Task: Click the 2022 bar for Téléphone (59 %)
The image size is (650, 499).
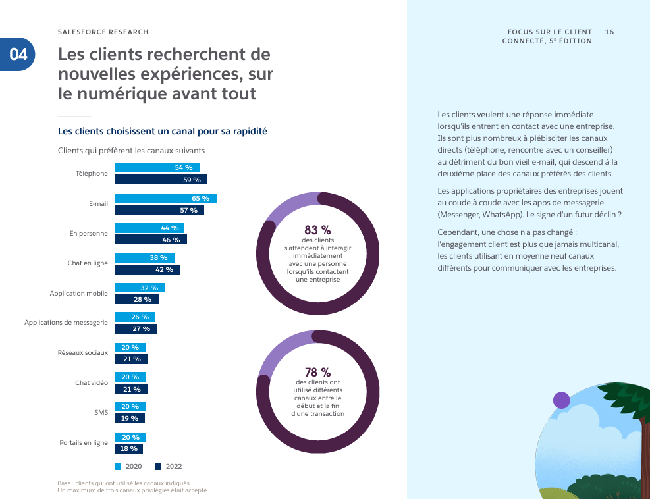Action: [x=161, y=180]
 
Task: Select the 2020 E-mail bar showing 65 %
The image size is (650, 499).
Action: [x=165, y=198]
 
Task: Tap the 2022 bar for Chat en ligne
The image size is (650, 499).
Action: [x=148, y=270]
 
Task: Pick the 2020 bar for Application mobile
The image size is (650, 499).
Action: [x=140, y=288]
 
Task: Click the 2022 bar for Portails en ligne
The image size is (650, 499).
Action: [x=129, y=449]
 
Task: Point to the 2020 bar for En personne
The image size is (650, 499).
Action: [x=149, y=228]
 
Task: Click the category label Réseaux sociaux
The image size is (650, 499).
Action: [x=83, y=353]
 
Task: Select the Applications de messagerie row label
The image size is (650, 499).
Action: [x=66, y=323]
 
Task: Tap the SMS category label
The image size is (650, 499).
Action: [x=101, y=413]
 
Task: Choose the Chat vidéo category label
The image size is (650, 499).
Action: [x=92, y=382]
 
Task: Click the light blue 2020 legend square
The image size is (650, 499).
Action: [x=118, y=467]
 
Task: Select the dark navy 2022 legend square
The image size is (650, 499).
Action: [x=158, y=467]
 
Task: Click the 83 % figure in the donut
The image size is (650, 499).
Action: [x=317, y=230]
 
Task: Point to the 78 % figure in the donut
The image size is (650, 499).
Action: [x=317, y=373]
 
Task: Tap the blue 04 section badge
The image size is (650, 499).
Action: [x=18, y=54]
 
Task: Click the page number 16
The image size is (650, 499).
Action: [x=609, y=32]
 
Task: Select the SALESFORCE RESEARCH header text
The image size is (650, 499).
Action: [x=103, y=32]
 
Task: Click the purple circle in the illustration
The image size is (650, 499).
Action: [x=561, y=400]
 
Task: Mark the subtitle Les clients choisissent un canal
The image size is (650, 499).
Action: [x=163, y=132]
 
